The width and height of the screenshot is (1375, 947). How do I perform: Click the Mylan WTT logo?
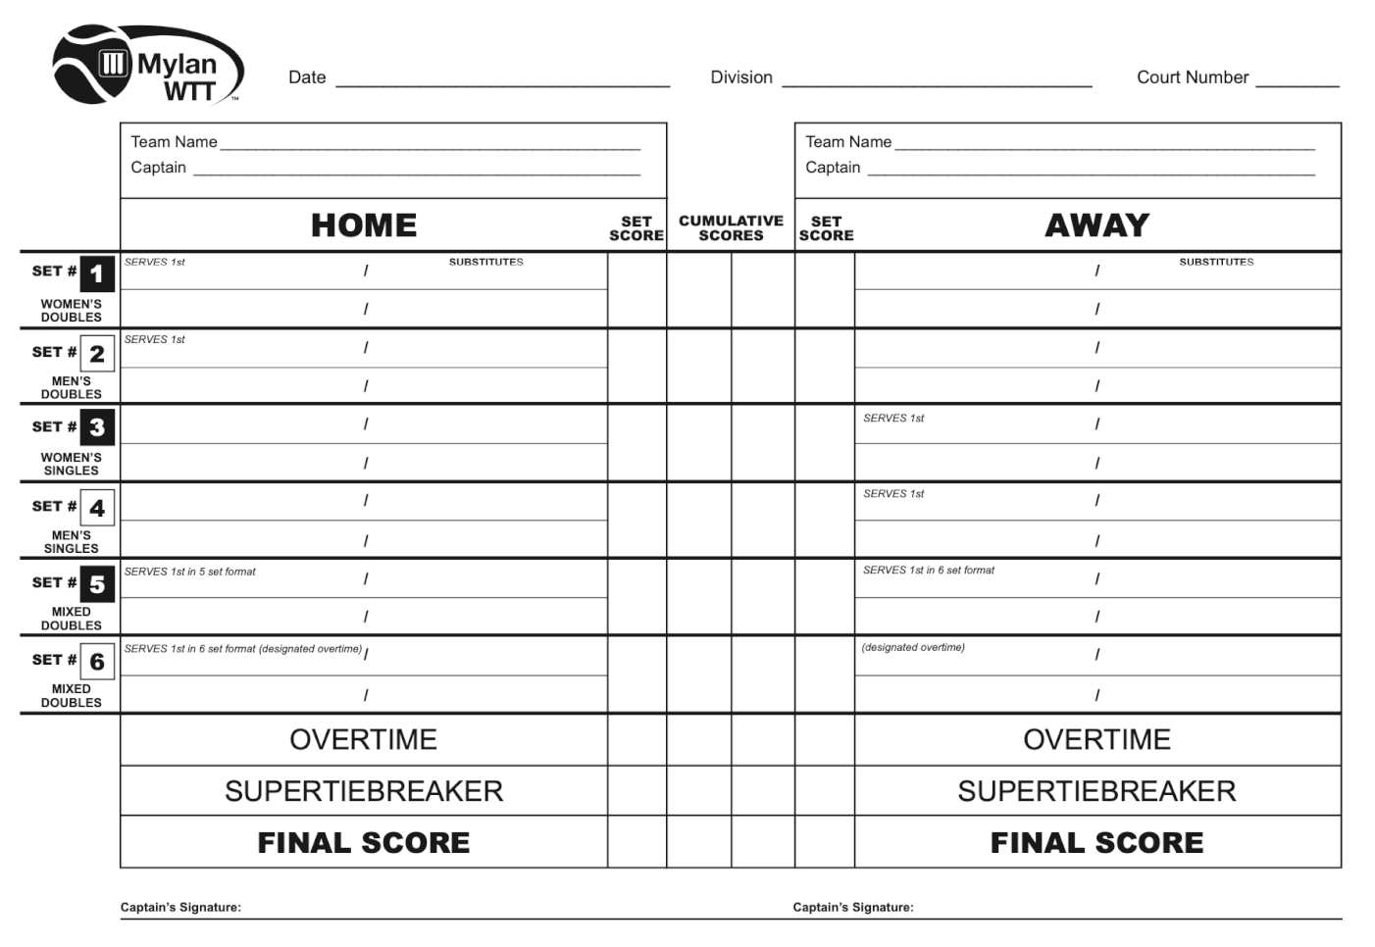point(147,65)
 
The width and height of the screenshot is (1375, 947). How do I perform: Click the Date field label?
point(307,77)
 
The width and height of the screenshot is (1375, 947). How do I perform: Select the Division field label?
point(741,77)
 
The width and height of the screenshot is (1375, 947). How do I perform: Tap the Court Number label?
point(1192,77)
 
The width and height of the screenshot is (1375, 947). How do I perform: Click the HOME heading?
point(364,225)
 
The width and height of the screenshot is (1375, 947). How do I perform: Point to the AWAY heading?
point(1096,225)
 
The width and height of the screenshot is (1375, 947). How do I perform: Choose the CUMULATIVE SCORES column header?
point(731,228)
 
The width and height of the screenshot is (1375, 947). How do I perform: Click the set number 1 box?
point(97,274)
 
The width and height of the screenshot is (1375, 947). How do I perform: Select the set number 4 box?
point(97,508)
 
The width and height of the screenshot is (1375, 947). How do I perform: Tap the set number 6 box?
point(97,662)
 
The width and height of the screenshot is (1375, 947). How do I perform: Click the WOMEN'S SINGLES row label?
point(71,464)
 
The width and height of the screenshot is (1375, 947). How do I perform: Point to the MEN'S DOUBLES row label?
point(71,387)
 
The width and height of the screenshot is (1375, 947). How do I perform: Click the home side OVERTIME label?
point(363,739)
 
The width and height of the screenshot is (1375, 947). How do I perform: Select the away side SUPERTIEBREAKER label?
point(1096,791)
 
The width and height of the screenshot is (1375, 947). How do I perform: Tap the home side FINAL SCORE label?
point(363,842)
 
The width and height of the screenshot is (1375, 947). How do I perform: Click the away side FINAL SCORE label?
point(1096,842)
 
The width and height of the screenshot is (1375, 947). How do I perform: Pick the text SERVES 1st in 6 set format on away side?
point(928,570)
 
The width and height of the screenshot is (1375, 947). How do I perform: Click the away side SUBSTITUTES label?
point(1216,262)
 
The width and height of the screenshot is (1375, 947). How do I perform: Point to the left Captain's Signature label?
point(180,907)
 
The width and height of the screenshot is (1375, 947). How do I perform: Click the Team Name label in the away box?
point(848,142)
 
